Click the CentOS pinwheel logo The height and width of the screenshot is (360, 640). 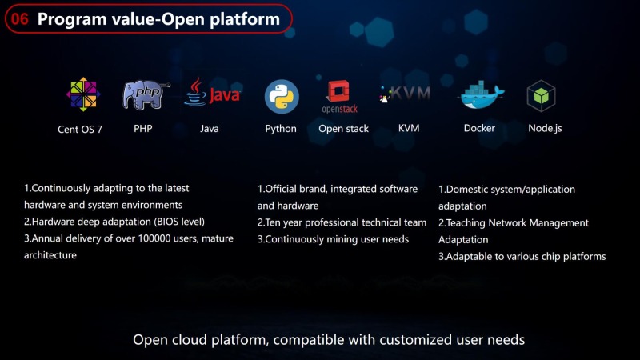[x=83, y=95]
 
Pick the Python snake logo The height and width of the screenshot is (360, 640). [x=282, y=97]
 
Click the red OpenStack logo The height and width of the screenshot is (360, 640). [x=339, y=97]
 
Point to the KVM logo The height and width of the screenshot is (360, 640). [x=406, y=94]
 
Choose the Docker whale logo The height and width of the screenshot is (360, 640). [x=480, y=95]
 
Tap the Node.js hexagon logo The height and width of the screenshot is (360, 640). [x=542, y=96]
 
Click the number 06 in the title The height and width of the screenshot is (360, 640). [x=22, y=19]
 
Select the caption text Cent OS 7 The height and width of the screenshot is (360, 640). [x=80, y=129]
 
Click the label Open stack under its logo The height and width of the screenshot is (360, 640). [x=344, y=129]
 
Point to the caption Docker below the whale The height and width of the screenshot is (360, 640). [x=479, y=128]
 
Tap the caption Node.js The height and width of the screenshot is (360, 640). [x=545, y=128]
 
